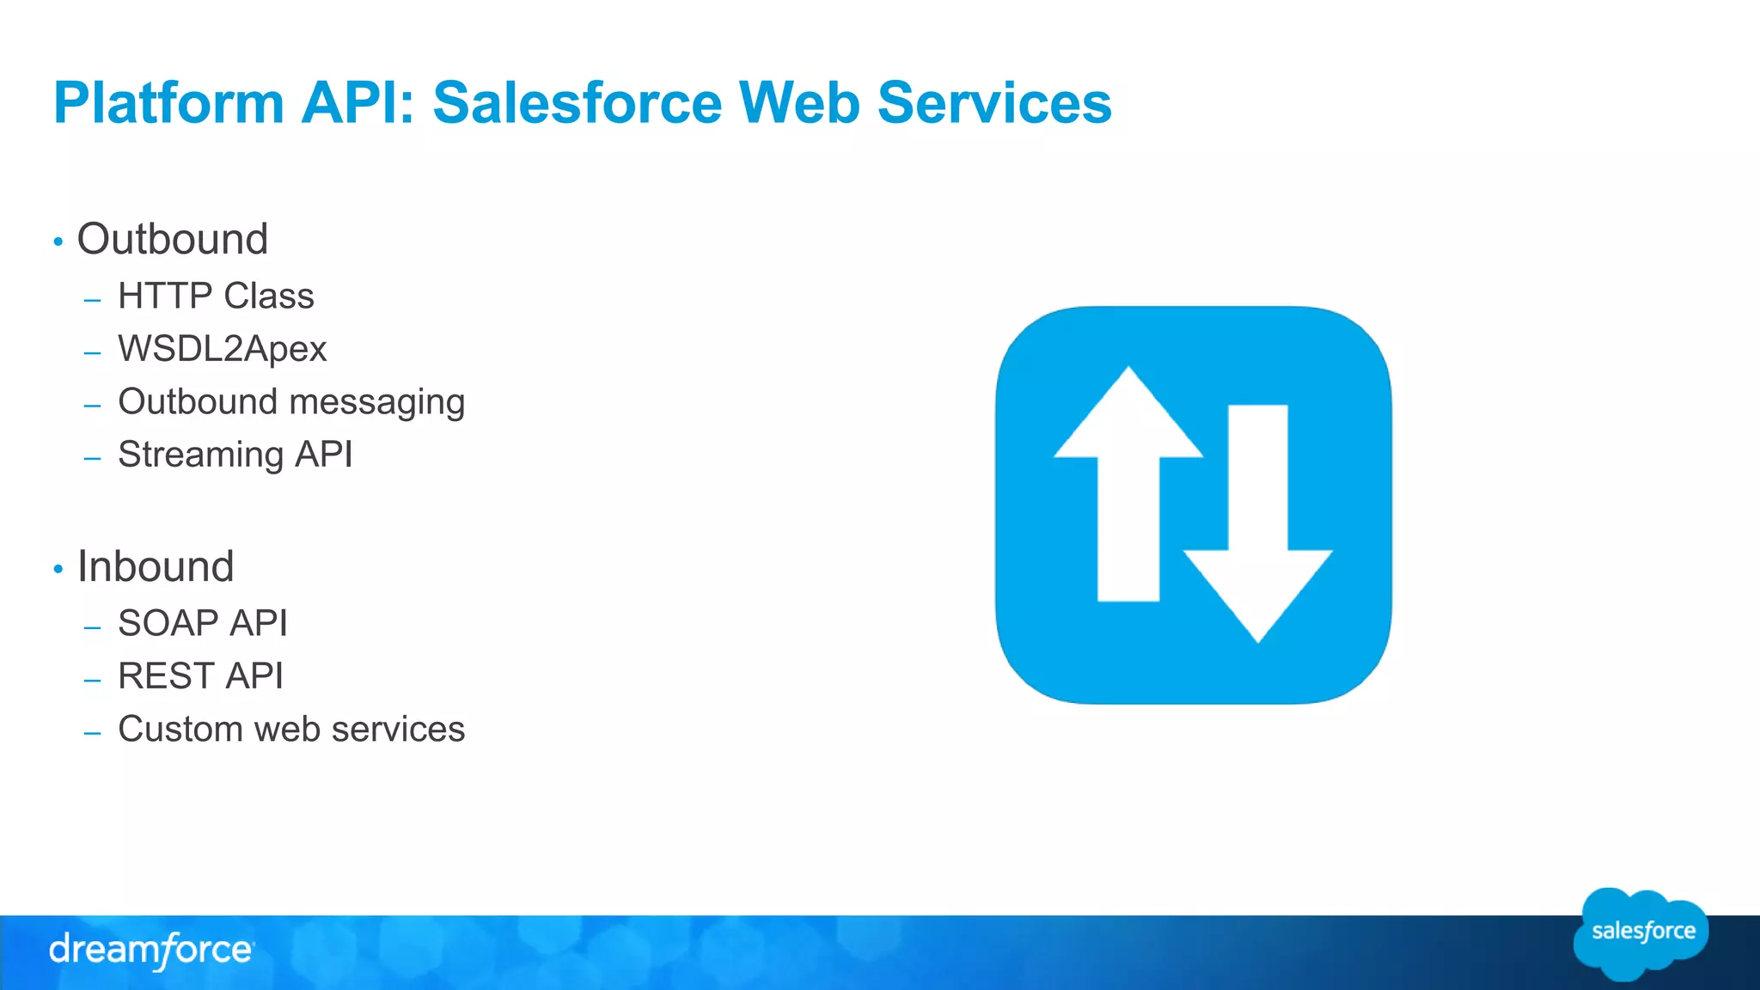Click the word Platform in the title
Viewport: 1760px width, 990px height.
[168, 103]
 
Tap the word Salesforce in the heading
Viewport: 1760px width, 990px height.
[577, 103]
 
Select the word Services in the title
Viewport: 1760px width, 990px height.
[994, 103]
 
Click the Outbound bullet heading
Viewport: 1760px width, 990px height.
[173, 239]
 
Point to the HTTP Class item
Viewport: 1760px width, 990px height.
[216, 296]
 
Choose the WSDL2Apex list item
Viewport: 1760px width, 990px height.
[223, 349]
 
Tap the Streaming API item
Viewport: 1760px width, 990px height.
[235, 455]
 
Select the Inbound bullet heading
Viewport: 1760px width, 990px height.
[156, 566]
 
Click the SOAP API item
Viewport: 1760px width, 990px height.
[203, 623]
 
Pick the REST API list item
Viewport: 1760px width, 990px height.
[200, 676]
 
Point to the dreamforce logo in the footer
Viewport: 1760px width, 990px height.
[151, 950]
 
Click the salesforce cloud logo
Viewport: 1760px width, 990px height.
[1641, 933]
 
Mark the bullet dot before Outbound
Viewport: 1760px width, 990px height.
[58, 242]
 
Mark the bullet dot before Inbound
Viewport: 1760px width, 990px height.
[58, 569]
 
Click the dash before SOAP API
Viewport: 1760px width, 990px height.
[93, 628]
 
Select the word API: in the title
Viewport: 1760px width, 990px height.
[357, 103]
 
